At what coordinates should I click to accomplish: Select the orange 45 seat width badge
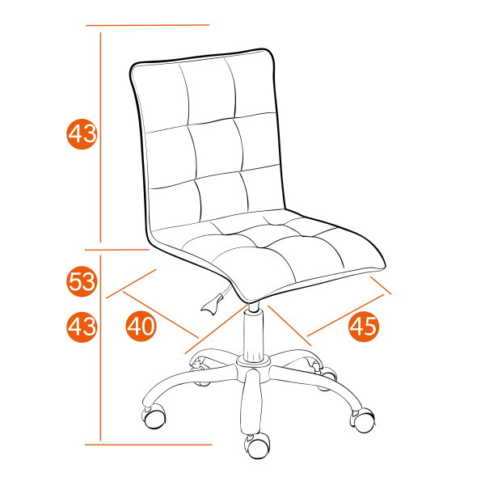364,326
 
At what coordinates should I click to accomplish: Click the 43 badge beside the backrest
82,134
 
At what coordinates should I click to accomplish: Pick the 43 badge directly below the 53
82,327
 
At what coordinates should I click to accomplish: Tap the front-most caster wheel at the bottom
258,444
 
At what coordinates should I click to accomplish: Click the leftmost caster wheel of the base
153,417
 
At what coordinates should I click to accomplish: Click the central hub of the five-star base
254,368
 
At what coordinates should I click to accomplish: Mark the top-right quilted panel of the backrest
251,86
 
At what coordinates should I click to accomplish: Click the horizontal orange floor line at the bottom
150,443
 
